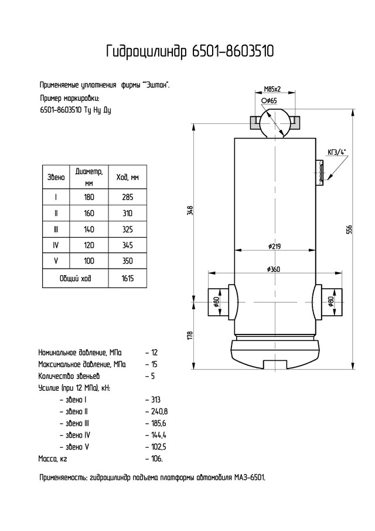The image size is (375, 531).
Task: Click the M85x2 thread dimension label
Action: tap(272, 89)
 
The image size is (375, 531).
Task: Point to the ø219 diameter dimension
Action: tap(275, 246)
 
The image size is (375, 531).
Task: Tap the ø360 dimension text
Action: tap(274, 269)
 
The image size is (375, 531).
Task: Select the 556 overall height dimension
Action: tap(350, 229)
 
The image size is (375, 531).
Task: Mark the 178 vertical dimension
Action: tap(190, 335)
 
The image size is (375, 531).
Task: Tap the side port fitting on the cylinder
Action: tap(320, 173)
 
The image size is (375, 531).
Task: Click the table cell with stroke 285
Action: tap(128, 197)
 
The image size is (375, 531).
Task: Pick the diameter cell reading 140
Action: tap(89, 229)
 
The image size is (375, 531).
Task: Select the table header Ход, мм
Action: tap(128, 177)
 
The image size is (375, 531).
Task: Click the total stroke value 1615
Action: tap(128, 278)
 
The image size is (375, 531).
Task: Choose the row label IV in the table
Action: tap(56, 245)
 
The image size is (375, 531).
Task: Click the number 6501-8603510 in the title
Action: tap(233, 52)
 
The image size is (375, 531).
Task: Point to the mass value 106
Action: tap(156, 459)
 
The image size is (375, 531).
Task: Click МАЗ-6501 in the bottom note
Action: tap(250, 478)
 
